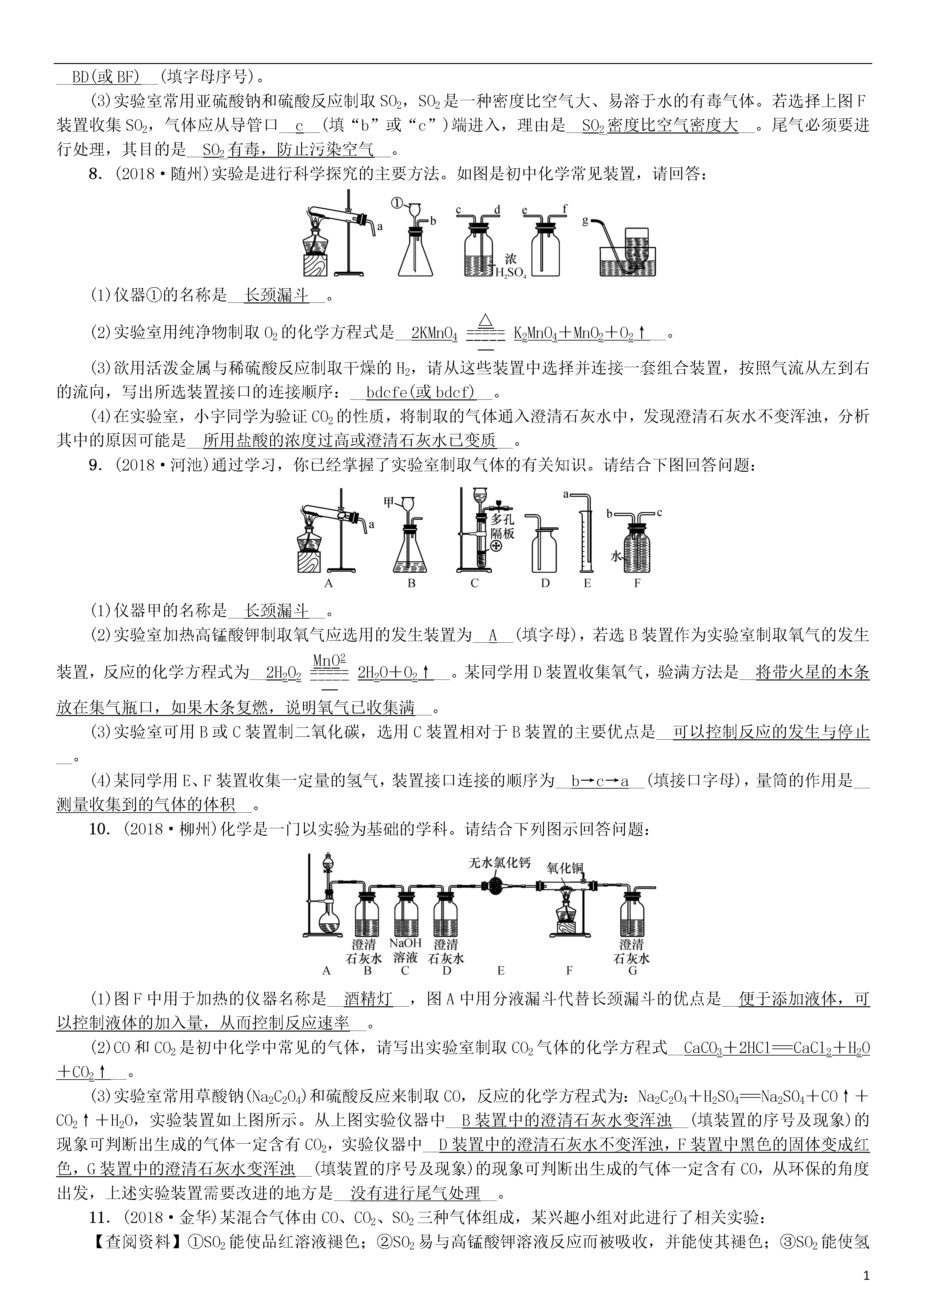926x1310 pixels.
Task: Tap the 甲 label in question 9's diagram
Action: pos(389,502)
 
